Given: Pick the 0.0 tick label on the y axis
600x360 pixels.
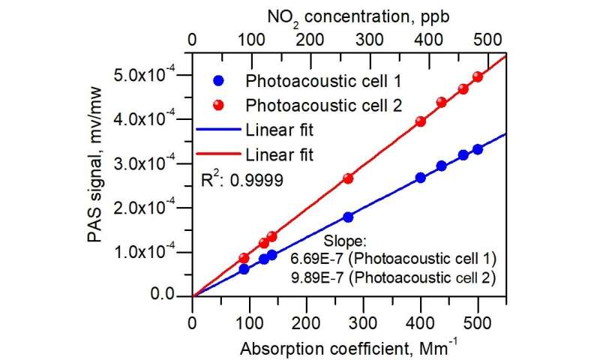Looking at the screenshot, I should click(172, 296).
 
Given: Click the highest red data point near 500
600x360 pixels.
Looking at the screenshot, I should click(478, 77).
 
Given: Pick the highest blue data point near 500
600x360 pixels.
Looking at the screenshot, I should click(478, 149).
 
